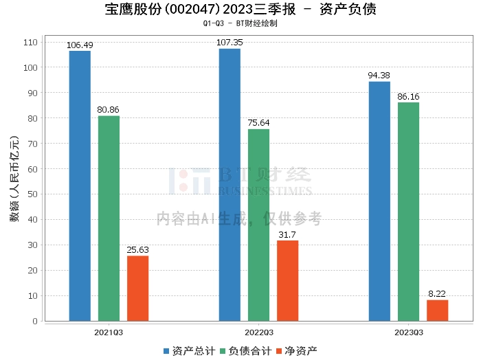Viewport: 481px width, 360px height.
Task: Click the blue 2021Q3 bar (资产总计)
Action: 80,185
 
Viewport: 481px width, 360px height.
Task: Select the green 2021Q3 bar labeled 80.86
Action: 109,218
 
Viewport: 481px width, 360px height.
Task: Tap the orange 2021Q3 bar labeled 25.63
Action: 137,289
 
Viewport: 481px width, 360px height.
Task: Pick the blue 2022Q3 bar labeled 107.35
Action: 230,185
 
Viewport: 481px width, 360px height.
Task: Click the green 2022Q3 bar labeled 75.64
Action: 258,225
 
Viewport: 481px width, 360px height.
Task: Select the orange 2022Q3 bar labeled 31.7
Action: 287,280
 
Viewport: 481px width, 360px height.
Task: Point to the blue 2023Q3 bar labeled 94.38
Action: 379,201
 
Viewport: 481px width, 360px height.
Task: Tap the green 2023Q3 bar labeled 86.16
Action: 408,212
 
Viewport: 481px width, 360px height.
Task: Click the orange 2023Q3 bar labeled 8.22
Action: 438,311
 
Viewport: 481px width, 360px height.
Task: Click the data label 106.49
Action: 80,45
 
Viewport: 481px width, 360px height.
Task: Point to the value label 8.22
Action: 437,294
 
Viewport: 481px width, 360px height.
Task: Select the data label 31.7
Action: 287,234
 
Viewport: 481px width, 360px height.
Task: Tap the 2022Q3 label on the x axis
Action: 259,333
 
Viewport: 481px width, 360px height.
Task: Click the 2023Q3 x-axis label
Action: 409,333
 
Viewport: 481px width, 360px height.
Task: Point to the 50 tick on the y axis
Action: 32,194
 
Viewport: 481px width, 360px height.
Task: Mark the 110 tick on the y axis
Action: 30,43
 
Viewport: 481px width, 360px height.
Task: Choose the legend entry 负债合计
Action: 246,351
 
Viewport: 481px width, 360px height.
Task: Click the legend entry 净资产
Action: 296,351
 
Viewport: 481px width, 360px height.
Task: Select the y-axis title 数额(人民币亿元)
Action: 14,179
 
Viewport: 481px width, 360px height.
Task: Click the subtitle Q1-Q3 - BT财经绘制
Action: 240,23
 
